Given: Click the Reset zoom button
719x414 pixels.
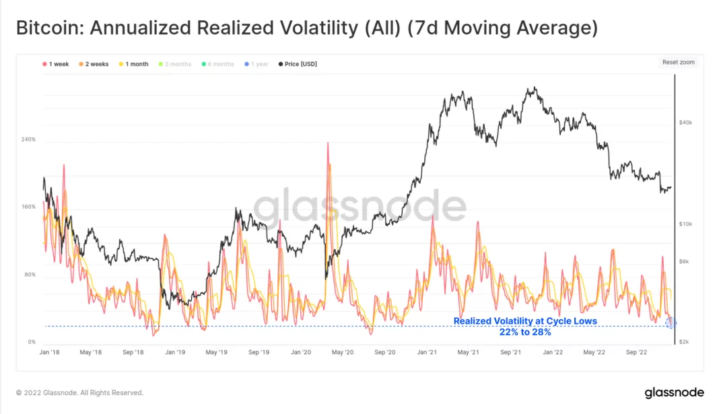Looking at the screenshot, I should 678,63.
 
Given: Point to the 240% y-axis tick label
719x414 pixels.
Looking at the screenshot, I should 28,139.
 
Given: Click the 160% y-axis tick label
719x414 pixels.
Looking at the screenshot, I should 28,207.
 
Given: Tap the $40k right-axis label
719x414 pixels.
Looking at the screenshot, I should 685,123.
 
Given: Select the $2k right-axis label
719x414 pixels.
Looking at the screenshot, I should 684,342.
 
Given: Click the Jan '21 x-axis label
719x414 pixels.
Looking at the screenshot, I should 430,352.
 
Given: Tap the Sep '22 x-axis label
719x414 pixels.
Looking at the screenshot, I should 636,352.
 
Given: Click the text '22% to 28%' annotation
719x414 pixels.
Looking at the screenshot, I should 525,332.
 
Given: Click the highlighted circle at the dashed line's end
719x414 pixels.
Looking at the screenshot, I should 671,323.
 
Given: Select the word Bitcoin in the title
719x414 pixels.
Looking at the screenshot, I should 47,28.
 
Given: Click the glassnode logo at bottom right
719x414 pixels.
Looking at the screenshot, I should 674,392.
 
